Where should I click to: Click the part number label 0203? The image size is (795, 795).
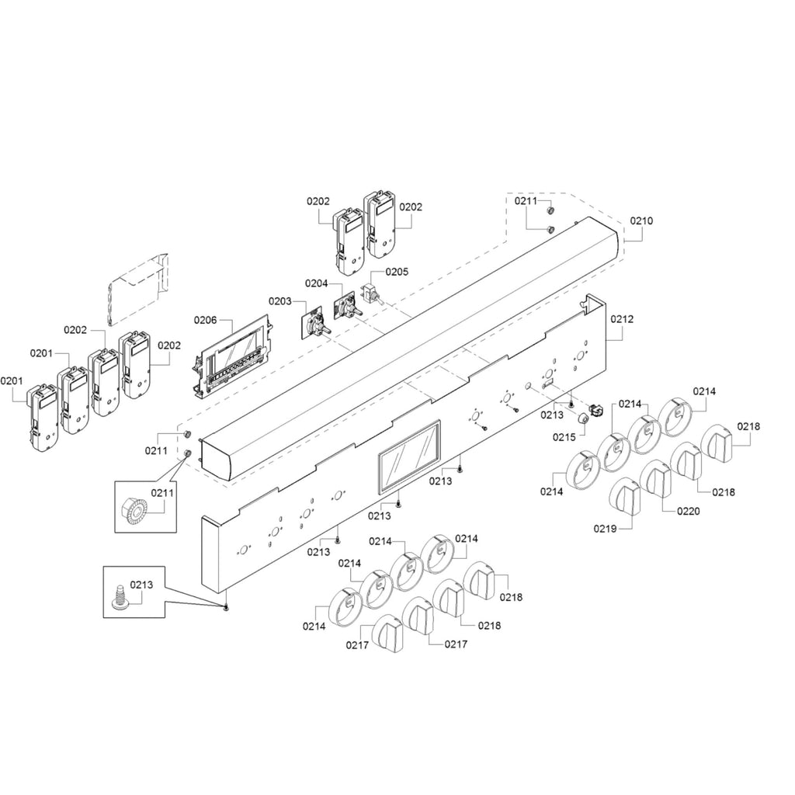point(279,301)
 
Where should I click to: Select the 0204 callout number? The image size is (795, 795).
point(317,283)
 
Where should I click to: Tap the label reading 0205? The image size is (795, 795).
point(397,272)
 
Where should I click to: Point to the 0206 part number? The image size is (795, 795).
point(205,320)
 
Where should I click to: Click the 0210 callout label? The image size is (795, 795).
point(641,221)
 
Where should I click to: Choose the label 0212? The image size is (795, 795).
point(622,319)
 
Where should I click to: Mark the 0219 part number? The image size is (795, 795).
point(605,529)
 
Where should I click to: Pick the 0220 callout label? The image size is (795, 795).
point(688,511)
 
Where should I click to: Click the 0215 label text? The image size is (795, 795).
point(564,437)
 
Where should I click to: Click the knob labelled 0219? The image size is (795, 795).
point(624,497)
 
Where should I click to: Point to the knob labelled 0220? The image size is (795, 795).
point(655,479)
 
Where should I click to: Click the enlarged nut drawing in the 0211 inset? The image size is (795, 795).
point(134,509)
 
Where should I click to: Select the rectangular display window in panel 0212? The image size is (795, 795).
point(408,457)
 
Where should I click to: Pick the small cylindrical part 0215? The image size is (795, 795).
point(582,418)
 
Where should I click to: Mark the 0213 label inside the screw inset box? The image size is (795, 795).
point(141,585)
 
